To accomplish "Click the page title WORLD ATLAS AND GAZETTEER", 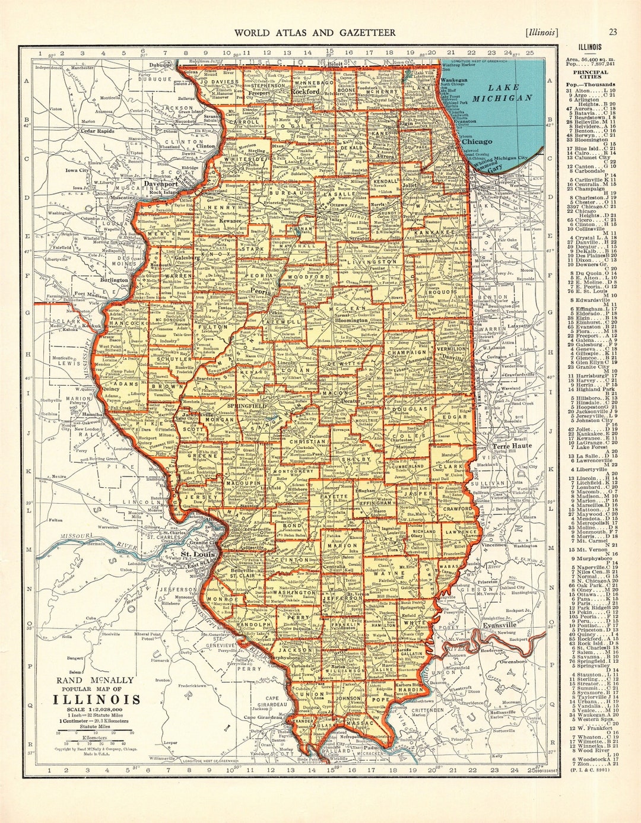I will pyautogui.click(x=315, y=33).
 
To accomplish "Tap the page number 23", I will pyautogui.click(x=613, y=33).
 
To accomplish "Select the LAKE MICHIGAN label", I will pyautogui.click(x=502, y=93).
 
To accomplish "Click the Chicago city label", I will pyautogui.click(x=477, y=142).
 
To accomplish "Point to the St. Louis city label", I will pyautogui.click(x=193, y=555).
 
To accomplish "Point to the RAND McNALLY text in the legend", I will pyautogui.click(x=96, y=680).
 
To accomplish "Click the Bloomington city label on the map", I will pyautogui.click(x=351, y=320).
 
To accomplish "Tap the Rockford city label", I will pyautogui.click(x=304, y=93).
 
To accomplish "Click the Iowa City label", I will pyautogui.click(x=77, y=170).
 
